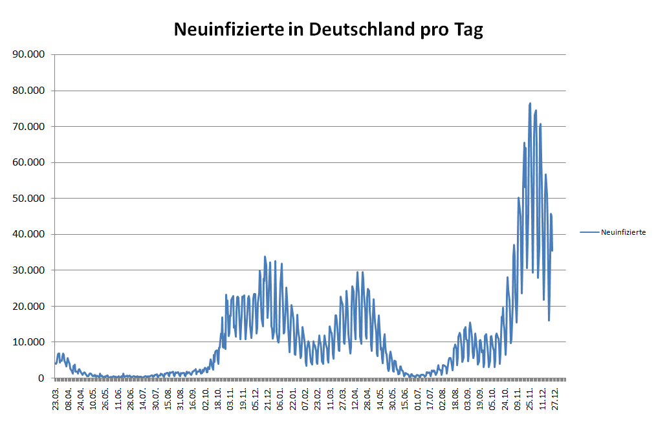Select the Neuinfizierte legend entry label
623,232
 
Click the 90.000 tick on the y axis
30,54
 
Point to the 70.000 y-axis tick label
30,126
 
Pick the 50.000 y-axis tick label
30,198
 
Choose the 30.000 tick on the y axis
30,270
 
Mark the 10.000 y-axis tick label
30,342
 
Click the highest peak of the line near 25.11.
530,103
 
